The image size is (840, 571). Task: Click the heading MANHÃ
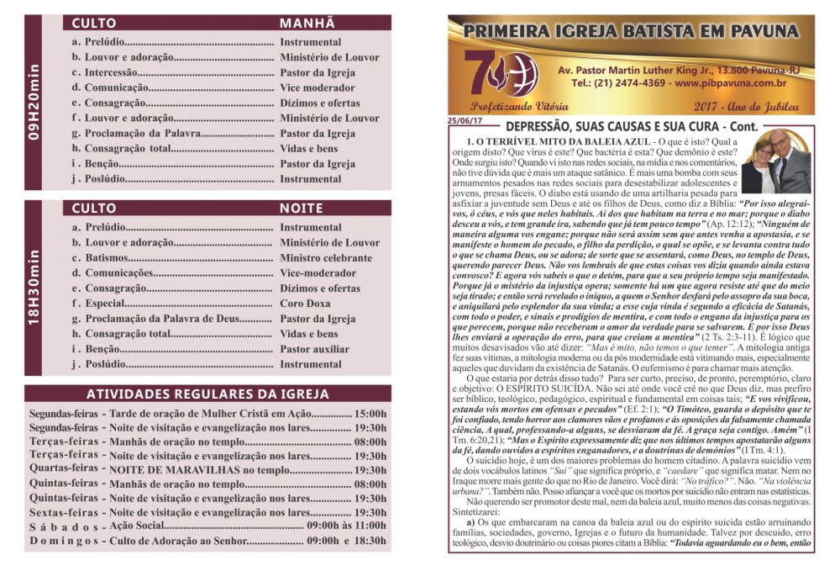(x=307, y=23)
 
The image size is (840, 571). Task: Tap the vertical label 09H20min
(x=34, y=103)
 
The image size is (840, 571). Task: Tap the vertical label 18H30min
(x=34, y=288)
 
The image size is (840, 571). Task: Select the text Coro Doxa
(x=307, y=304)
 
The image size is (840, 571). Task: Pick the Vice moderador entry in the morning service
(x=317, y=87)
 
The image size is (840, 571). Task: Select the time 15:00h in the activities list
(x=370, y=414)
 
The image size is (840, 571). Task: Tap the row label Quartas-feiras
(x=65, y=468)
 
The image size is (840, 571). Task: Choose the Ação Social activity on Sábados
(x=139, y=526)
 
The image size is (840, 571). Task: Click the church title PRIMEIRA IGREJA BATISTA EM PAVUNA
(x=630, y=33)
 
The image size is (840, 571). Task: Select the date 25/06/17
(x=462, y=120)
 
